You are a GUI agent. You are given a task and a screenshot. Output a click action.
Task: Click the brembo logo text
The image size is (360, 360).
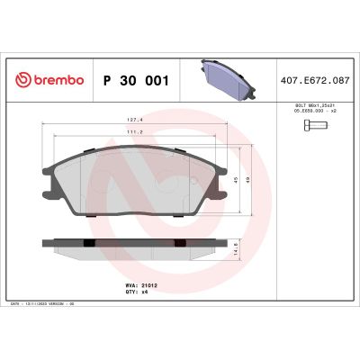(55, 80)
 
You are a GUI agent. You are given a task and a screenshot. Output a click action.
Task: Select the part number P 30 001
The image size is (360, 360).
(138, 80)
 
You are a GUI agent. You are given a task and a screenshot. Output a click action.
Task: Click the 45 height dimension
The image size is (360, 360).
(236, 179)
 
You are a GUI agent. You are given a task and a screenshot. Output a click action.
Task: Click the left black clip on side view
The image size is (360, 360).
(87, 243)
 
